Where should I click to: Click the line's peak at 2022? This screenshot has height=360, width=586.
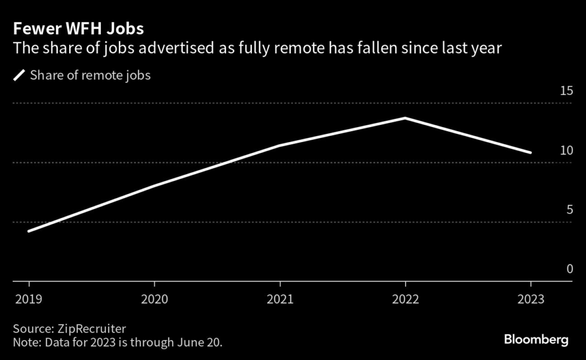click(405, 118)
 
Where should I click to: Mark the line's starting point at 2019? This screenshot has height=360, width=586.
click(29, 231)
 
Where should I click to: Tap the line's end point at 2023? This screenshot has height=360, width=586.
click(530, 153)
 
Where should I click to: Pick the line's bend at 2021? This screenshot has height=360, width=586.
click(280, 145)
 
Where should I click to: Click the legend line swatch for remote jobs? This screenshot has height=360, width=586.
click(19, 75)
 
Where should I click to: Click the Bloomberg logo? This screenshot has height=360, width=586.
click(536, 339)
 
